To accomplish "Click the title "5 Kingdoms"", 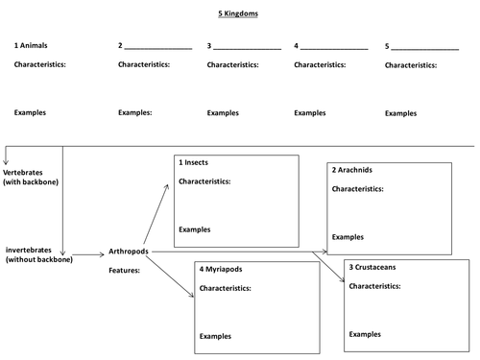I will click(x=239, y=14).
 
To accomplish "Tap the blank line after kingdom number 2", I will click(x=157, y=47).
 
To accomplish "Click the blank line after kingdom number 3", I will click(x=247, y=47).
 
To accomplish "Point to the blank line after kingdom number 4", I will click(x=334, y=47).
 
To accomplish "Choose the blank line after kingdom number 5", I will click(x=424, y=47).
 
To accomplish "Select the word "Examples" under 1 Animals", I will click(x=32, y=112).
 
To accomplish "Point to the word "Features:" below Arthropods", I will click(x=125, y=271).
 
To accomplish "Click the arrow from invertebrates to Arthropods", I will click(x=86, y=255).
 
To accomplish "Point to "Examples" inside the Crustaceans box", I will click(x=366, y=333).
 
